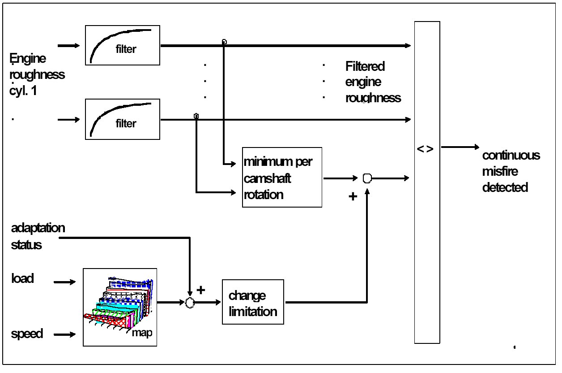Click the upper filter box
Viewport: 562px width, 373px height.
[x=122, y=45]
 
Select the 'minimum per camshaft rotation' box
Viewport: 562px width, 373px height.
[x=282, y=177]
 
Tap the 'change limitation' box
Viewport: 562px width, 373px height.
[x=253, y=302]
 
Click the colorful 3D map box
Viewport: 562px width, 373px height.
[x=120, y=307]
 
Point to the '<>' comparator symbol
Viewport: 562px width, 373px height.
[x=425, y=149]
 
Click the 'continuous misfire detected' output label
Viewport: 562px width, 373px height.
[x=511, y=171]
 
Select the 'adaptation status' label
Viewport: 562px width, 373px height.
[x=38, y=236]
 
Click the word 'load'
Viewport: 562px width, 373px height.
[x=22, y=278]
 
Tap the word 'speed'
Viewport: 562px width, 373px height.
[x=27, y=334]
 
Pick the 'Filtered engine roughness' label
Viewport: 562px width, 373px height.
[x=373, y=82]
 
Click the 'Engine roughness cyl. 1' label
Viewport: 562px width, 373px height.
[x=37, y=74]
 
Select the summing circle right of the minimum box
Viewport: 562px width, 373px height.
[x=367, y=178]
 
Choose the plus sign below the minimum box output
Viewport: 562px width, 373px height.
[x=353, y=196]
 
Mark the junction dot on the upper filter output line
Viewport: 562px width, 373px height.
[x=224, y=42]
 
